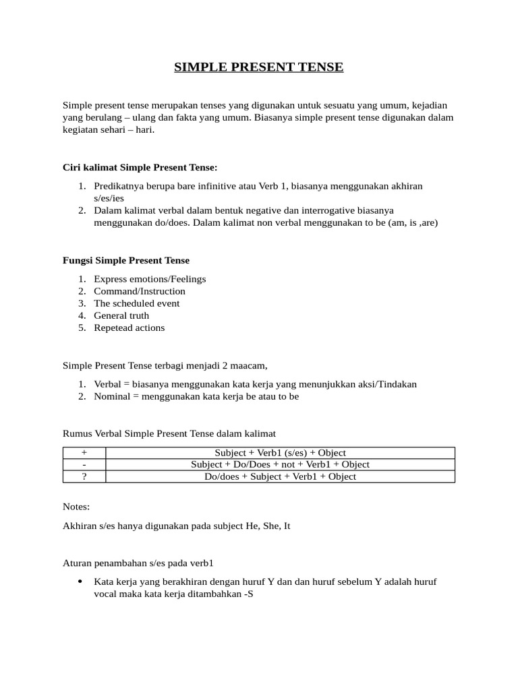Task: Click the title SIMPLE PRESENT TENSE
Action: (259, 67)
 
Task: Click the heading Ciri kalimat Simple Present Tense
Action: (140, 166)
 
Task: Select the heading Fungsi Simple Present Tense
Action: (126, 260)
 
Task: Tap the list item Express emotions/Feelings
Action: (150, 279)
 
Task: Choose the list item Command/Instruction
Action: (140, 291)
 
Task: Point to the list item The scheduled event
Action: (137, 303)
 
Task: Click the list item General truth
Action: (121, 315)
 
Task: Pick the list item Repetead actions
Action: (129, 327)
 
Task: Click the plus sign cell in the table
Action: (84, 453)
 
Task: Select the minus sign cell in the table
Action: (84, 464)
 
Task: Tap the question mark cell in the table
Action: (84, 476)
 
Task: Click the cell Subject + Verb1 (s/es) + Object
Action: (280, 453)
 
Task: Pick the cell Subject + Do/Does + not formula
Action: (280, 464)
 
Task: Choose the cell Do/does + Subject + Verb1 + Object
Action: (280, 476)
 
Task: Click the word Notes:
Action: (76, 506)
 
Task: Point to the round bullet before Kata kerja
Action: (80, 581)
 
